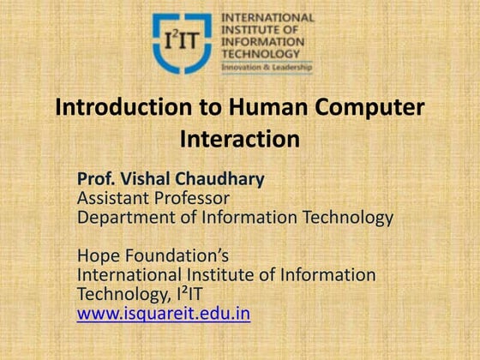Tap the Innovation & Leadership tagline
[267, 66]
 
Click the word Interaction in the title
[240, 138]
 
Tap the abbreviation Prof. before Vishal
[97, 180]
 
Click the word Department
[125, 217]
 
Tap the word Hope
[98, 255]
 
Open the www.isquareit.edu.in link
[163, 314]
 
